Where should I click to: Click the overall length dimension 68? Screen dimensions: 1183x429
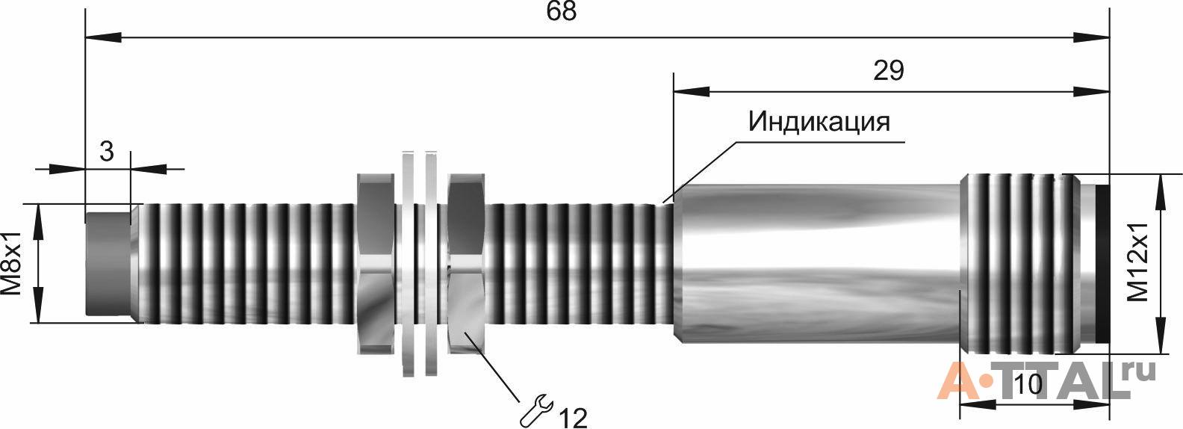point(562,12)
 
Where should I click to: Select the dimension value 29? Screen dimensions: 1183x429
point(888,71)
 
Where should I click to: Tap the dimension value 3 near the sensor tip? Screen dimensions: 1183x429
point(107,152)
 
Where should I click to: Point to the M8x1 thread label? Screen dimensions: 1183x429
point(12,262)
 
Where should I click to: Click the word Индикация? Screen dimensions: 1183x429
point(819,122)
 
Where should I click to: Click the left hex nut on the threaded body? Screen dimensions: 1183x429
point(376,263)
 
